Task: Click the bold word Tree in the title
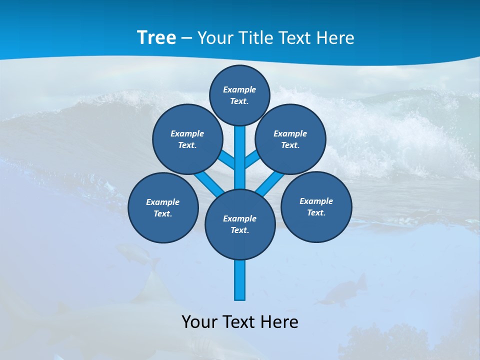point(156,37)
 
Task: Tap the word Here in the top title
point(335,37)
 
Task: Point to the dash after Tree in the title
point(186,38)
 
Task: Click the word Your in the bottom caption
point(200,322)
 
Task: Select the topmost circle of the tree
point(240,95)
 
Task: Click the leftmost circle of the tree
point(163,207)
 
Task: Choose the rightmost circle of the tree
point(316,207)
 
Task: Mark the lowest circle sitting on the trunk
point(240,224)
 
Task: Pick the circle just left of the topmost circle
point(187,139)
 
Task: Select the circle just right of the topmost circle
point(290,139)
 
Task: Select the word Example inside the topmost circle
point(239,89)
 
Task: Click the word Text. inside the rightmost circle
point(316,212)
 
